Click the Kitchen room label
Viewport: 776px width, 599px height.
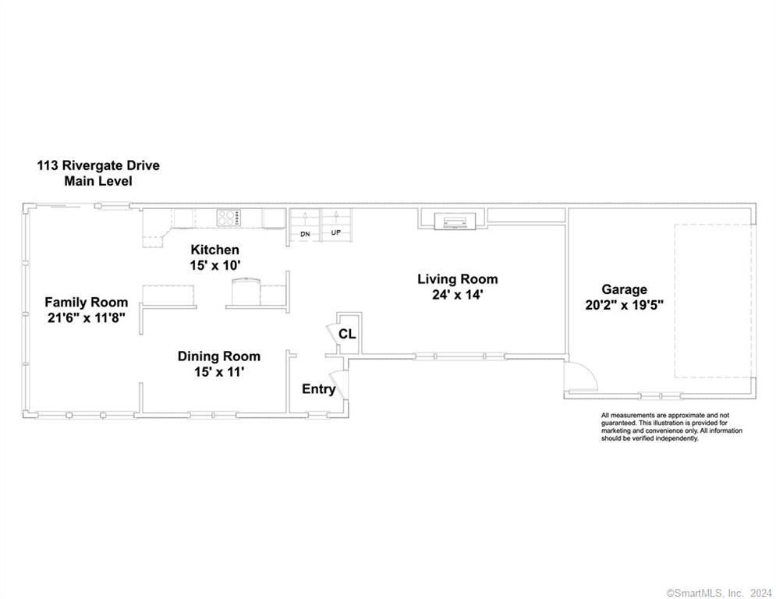point(215,250)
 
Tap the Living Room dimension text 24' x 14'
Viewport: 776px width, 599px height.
point(457,295)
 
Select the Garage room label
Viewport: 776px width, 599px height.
point(623,289)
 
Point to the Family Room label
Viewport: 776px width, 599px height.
point(86,302)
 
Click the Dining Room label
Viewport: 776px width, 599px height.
point(218,356)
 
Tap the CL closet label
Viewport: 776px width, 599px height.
point(347,334)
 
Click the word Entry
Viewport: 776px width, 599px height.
point(318,389)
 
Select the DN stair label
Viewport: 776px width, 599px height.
point(306,233)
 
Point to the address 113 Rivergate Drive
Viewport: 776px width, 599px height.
point(98,166)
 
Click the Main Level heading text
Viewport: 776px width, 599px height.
point(98,181)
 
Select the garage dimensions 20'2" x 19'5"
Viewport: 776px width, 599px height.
point(624,305)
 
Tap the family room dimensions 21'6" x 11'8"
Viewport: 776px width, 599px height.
point(86,317)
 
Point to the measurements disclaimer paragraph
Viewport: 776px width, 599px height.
point(671,427)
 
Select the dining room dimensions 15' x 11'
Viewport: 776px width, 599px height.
point(219,372)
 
